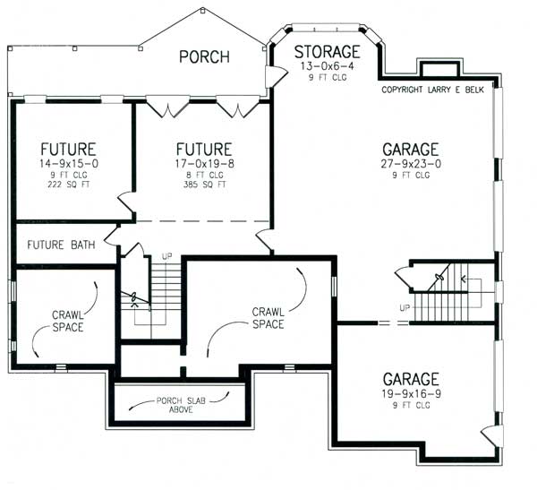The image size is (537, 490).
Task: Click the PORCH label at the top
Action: tap(203, 56)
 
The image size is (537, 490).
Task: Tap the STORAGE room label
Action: tap(327, 52)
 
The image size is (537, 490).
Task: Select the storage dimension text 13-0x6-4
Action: tap(327, 65)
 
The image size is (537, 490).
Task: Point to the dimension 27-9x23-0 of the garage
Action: tap(411, 164)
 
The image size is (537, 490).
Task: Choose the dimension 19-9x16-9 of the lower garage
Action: tap(411, 393)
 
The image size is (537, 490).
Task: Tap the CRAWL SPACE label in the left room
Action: tap(67, 321)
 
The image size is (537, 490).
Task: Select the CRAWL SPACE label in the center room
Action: tap(268, 317)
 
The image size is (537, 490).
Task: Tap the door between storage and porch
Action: tap(277, 76)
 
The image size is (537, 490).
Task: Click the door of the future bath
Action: tap(113, 235)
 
